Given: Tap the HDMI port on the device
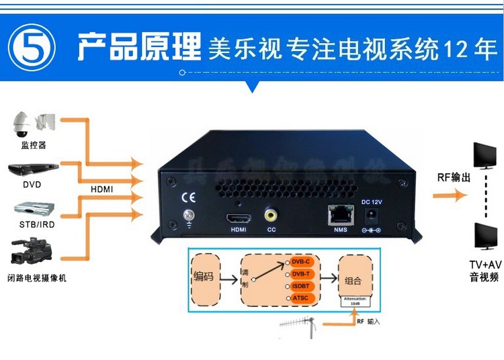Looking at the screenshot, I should point(239,217).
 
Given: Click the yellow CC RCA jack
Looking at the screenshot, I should point(271,216).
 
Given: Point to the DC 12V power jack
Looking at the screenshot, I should point(370,216).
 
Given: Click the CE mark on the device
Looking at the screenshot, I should point(189,197).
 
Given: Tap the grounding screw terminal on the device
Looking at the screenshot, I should point(189,217).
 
